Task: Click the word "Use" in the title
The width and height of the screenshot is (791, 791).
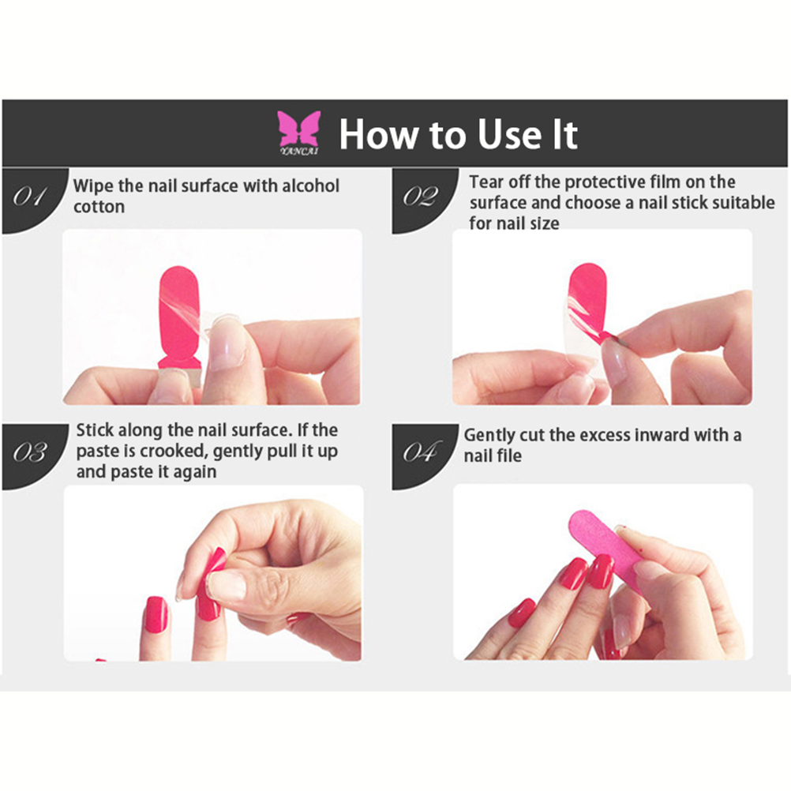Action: click(x=509, y=135)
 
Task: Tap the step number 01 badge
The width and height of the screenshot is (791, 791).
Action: click(x=34, y=201)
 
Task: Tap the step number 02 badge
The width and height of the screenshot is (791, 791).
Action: click(x=424, y=201)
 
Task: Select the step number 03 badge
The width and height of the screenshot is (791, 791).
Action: click(x=34, y=456)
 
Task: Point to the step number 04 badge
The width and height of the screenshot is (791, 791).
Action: click(x=424, y=456)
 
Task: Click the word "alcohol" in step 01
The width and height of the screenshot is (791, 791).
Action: click(x=310, y=186)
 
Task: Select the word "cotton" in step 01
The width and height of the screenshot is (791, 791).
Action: click(x=99, y=207)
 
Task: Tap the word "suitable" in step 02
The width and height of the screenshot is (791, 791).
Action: click(x=743, y=203)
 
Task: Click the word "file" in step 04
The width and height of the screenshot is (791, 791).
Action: click(x=510, y=455)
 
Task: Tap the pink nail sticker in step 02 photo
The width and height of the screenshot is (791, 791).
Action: click(x=587, y=302)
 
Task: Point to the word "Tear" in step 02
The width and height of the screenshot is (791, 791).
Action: click(x=485, y=182)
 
